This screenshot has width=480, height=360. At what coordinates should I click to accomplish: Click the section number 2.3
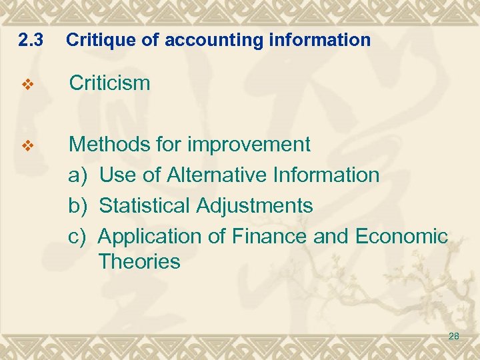click(x=31, y=41)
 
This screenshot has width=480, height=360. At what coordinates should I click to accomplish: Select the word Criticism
click(x=110, y=83)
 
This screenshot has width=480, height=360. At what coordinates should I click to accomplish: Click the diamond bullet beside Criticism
click(x=27, y=85)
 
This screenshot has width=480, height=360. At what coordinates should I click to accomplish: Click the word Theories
click(x=139, y=261)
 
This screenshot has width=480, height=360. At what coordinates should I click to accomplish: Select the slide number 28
click(x=453, y=337)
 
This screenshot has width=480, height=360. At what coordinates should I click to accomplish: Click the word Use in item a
click(x=117, y=175)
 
